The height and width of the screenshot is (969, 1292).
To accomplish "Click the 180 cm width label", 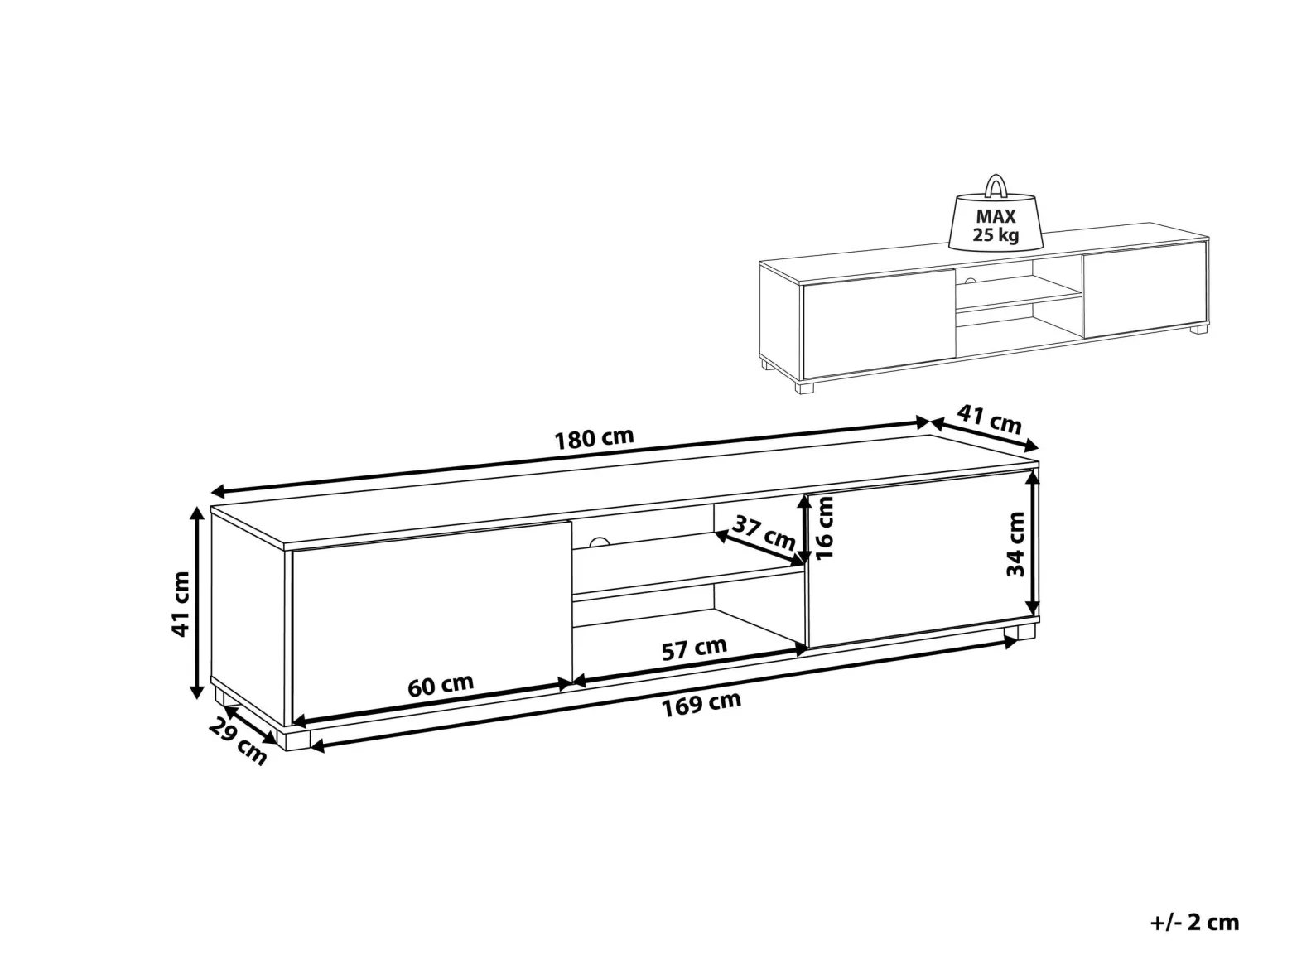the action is click(595, 438).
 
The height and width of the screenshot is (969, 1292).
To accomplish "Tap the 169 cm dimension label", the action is click(701, 704).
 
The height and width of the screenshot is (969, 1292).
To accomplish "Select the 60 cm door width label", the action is click(441, 685).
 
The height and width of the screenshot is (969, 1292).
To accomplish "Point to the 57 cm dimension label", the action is click(695, 648).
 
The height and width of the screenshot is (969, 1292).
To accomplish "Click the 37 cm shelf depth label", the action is click(764, 533).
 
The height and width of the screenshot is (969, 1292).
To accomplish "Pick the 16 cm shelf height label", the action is click(825, 528).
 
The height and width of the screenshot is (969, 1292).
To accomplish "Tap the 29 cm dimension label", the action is click(238, 743).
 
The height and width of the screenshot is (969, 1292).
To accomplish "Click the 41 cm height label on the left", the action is click(180, 604).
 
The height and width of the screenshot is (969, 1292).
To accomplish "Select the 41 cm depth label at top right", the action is click(989, 419).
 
